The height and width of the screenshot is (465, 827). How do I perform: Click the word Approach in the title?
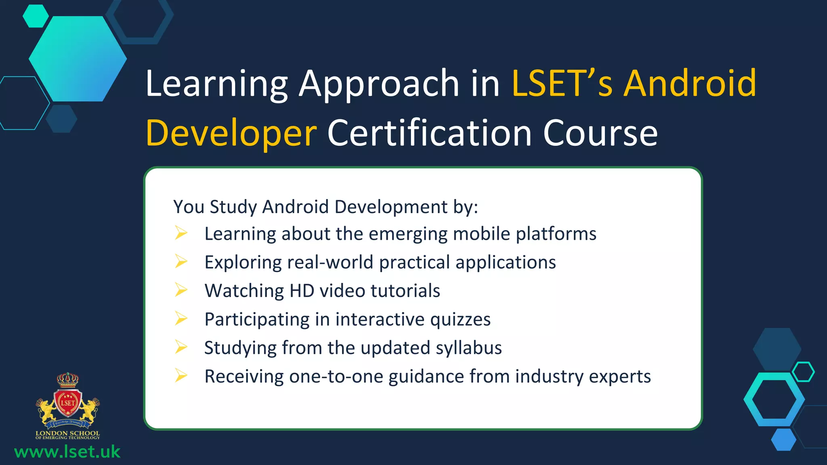[379, 84]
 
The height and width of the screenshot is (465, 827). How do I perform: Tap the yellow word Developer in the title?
[231, 133]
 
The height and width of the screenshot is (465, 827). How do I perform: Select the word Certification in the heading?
[430, 133]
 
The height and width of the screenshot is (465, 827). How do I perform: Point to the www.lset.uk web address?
[67, 452]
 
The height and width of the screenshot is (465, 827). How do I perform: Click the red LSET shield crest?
[68, 403]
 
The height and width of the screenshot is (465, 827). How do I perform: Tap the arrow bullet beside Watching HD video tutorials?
[181, 290]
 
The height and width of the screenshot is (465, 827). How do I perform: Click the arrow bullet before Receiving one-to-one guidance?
[181, 376]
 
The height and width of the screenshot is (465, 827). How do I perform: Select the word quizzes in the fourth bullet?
[460, 320]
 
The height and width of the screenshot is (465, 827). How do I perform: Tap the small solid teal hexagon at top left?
[36, 16]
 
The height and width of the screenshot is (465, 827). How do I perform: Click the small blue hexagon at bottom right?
[783, 439]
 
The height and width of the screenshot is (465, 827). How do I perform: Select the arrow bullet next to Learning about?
[181, 233]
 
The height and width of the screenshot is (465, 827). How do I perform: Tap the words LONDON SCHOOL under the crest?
[67, 433]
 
